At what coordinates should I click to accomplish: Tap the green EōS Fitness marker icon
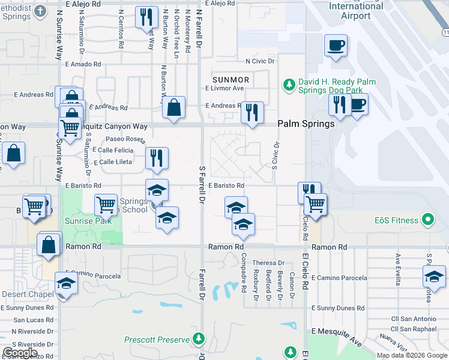click(427, 220)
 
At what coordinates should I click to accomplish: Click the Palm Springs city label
click(306, 124)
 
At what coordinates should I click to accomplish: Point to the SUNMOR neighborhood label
click(231, 79)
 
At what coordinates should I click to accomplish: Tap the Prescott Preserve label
click(157, 340)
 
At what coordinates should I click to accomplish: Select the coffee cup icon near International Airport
click(336, 45)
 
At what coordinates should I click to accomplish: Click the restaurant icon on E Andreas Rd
click(252, 112)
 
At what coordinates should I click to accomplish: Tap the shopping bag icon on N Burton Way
click(173, 108)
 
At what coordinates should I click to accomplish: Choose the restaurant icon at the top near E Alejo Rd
click(145, 17)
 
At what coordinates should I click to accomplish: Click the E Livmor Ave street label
click(224, 88)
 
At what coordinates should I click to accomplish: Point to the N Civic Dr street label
click(260, 61)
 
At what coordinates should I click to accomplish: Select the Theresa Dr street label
click(268, 263)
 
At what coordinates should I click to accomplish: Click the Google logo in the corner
click(20, 353)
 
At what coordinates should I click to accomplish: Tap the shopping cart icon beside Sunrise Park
click(106, 205)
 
